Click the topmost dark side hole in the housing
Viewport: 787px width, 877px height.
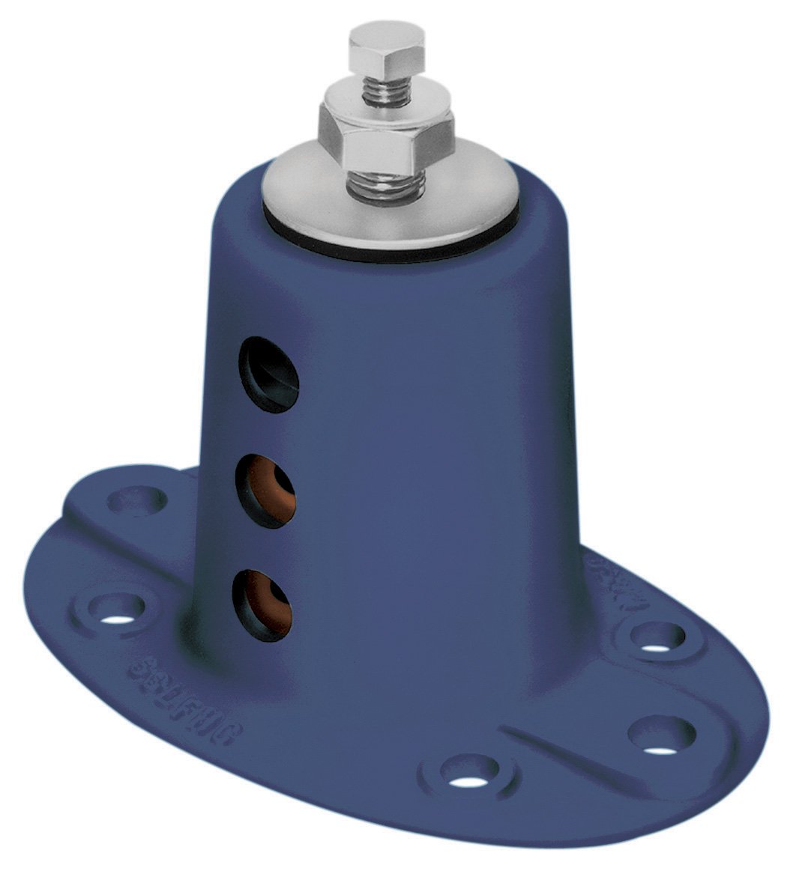(268, 374)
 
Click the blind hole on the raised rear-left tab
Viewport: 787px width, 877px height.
(138, 497)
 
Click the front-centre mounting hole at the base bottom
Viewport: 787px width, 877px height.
(468, 772)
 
